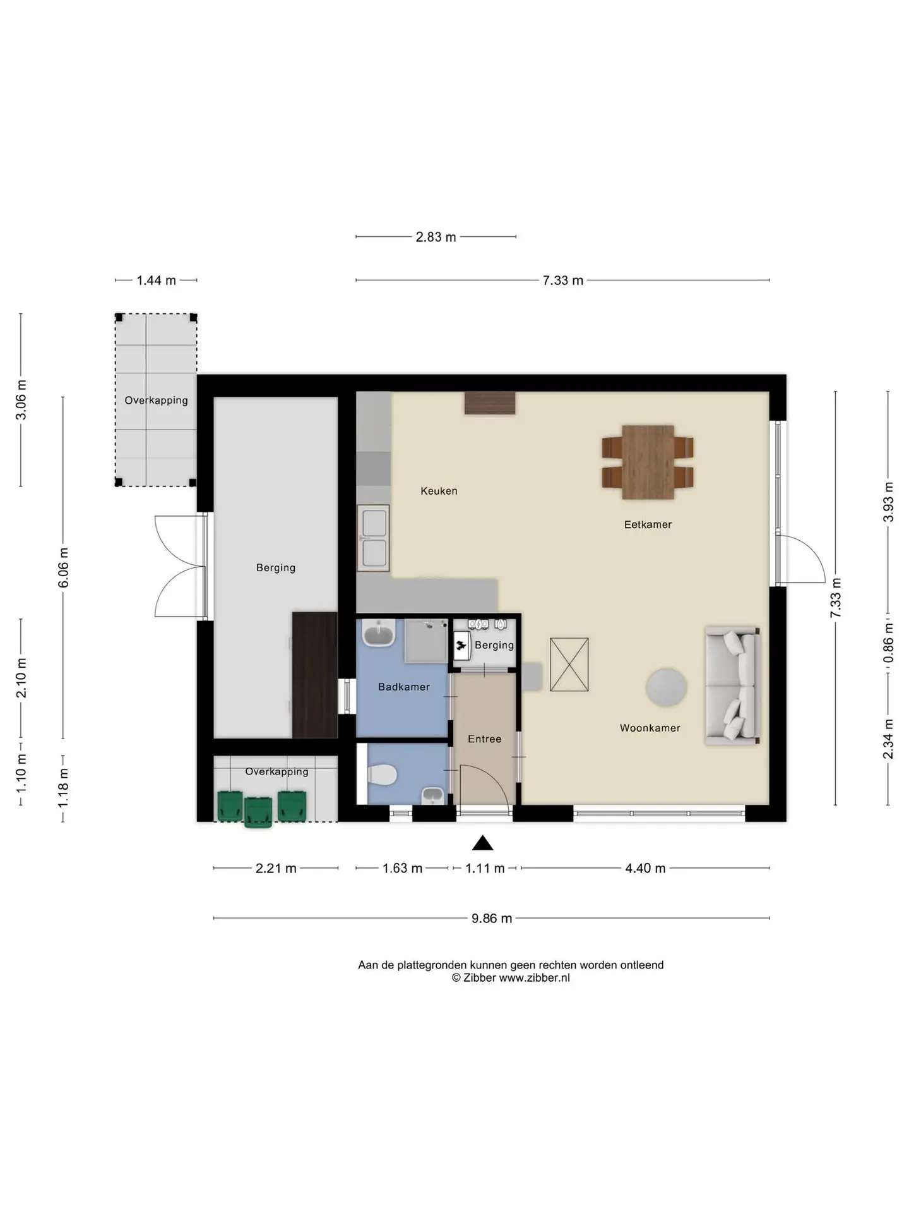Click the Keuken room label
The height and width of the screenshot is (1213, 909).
click(439, 491)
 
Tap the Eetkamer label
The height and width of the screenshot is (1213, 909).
click(648, 524)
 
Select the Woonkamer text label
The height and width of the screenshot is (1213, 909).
click(650, 728)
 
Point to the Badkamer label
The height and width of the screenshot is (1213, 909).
click(403, 687)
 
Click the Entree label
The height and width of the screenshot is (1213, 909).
click(484, 739)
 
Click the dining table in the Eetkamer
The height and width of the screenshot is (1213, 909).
click(648, 462)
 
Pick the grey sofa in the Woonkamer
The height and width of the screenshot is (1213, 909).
click(732, 685)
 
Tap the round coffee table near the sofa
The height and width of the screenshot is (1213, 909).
click(666, 687)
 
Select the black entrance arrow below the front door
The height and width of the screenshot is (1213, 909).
click(483, 843)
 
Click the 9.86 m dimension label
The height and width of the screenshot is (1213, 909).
click(492, 918)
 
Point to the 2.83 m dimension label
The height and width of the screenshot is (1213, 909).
click(436, 237)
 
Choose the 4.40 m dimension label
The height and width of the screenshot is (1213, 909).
click(645, 868)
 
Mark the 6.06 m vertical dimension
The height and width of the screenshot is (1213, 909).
click(63, 568)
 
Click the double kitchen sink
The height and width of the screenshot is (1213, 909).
click(373, 538)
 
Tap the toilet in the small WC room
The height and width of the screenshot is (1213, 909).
click(381, 774)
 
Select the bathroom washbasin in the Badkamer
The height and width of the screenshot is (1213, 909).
click(379, 632)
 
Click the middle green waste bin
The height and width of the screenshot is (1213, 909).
click(258, 812)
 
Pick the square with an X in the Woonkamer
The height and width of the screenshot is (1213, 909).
click(569, 664)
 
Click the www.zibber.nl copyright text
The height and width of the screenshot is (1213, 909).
click(511, 977)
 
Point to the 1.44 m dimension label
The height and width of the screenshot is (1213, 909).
click(156, 280)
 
